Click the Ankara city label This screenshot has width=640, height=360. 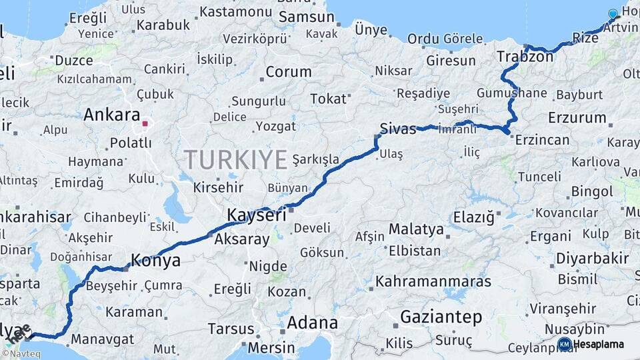[x=111, y=115]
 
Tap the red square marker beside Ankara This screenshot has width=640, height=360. [x=145, y=123]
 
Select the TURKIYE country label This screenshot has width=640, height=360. [x=235, y=159]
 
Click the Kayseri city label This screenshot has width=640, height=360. [x=257, y=215]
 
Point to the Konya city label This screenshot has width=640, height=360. [x=156, y=261]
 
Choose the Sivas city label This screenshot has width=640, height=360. [x=398, y=129]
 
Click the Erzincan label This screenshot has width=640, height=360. [x=541, y=140]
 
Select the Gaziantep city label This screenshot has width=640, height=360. [x=441, y=317]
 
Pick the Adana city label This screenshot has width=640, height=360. [x=312, y=323]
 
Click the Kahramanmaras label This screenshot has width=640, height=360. [x=433, y=281]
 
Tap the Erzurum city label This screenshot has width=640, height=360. [x=577, y=118]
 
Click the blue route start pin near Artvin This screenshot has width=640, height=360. [x=613, y=14]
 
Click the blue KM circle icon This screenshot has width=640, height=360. [x=564, y=344]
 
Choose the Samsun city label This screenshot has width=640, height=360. [x=306, y=17]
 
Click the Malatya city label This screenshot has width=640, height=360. [x=416, y=229]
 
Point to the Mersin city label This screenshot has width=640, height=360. [x=271, y=347]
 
